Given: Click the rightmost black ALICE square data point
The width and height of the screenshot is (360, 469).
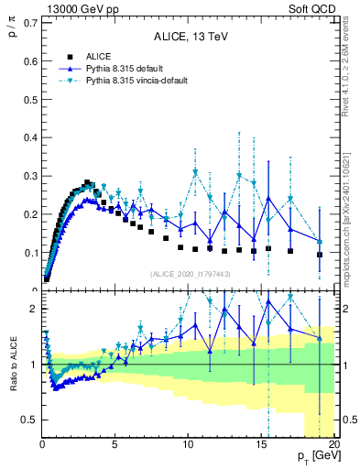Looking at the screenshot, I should (319, 255).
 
